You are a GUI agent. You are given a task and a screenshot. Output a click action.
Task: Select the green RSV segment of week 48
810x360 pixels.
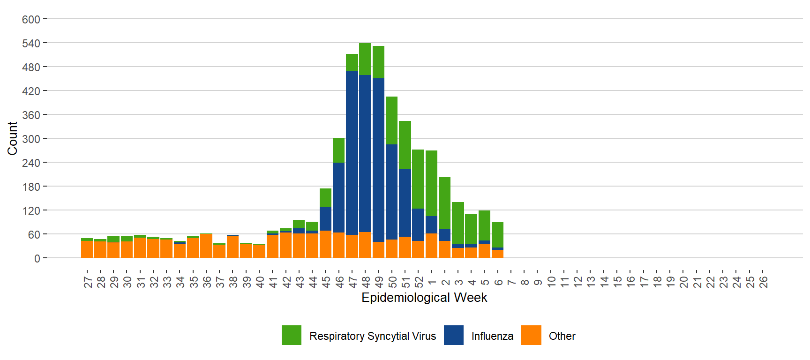tap(365, 59)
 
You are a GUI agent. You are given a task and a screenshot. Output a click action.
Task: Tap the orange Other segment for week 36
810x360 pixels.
tap(206, 246)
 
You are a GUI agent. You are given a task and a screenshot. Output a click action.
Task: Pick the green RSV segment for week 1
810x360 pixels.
tap(431, 183)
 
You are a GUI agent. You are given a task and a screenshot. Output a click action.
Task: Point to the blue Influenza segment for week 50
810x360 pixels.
tap(391, 192)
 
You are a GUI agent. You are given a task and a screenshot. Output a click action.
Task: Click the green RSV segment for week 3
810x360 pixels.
tap(458, 223)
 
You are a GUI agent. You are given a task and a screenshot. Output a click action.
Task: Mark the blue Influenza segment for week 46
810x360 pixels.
tap(338, 197)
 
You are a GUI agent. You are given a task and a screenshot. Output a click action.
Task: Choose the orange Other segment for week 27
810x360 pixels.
tap(87, 249)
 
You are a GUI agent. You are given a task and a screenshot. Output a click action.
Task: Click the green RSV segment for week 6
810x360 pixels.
tap(497, 235)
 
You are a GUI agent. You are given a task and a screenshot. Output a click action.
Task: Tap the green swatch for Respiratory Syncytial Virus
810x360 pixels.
tap(292, 335)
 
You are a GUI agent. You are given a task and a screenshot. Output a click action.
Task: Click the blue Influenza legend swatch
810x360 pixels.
tap(453, 335)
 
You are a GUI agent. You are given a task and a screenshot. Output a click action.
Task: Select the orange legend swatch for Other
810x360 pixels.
tap(531, 335)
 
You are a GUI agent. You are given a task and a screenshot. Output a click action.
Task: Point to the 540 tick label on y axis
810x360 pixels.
tap(31, 44)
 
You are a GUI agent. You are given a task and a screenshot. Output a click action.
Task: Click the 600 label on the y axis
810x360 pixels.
tap(31, 20)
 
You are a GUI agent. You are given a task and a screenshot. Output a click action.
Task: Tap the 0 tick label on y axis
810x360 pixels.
tap(37, 258)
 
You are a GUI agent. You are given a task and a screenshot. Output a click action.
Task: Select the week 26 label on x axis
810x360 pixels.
tap(764, 282)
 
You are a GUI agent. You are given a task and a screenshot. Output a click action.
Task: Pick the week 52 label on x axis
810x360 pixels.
tap(419, 282)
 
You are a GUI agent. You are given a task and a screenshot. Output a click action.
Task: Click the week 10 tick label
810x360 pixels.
tap(551, 282)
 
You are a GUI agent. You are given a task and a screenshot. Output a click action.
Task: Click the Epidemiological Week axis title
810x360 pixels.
tap(424, 298)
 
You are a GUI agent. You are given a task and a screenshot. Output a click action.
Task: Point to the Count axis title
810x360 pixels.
tap(12, 138)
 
